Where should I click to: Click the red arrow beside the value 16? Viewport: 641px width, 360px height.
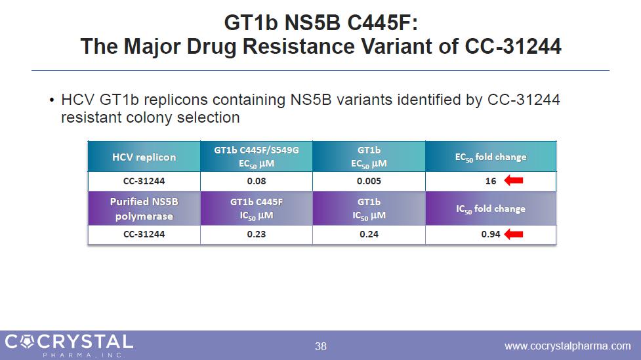pyautogui.click(x=512, y=181)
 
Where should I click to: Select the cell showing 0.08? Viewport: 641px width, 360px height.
pyautogui.click(x=256, y=181)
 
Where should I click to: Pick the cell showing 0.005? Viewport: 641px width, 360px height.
pyautogui.click(x=369, y=181)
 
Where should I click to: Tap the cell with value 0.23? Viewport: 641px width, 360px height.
pyautogui.click(x=256, y=234)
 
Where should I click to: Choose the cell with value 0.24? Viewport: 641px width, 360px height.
pyautogui.click(x=369, y=234)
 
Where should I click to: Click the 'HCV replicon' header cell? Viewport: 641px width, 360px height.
pyautogui.click(x=144, y=157)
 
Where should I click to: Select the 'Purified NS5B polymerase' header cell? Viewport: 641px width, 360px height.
pyautogui.click(x=144, y=209)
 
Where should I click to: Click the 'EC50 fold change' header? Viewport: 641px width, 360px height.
pyautogui.click(x=491, y=157)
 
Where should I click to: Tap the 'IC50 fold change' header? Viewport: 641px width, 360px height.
pyautogui.click(x=491, y=209)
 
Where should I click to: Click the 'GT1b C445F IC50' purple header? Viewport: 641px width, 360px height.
pyautogui.click(x=256, y=209)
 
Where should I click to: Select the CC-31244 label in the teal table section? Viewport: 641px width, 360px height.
pyautogui.click(x=144, y=181)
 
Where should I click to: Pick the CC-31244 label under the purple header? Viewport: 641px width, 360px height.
pyautogui.click(x=144, y=234)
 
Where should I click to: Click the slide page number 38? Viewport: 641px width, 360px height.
pyautogui.click(x=320, y=346)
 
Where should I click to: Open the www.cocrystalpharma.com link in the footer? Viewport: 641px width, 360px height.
pyautogui.click(x=567, y=346)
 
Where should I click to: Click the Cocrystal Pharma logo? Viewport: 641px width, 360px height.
pyautogui.click(x=69, y=344)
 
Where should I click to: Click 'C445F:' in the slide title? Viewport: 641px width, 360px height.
pyautogui.click(x=384, y=24)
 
